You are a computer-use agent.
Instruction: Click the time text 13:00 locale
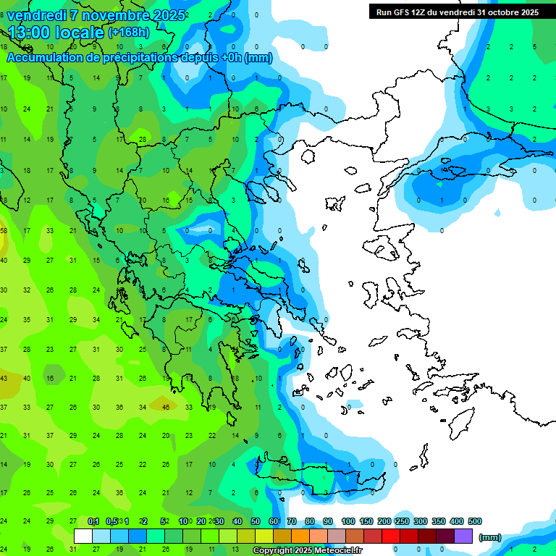[x=56, y=33]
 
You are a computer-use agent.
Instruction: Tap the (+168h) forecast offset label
[x=130, y=33]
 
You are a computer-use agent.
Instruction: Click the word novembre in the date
[x=111, y=15]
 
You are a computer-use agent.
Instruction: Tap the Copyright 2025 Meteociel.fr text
[x=307, y=551]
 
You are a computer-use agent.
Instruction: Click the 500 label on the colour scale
[x=475, y=521]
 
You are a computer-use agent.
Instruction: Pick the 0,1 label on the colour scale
[x=93, y=521]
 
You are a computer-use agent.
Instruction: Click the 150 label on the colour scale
[x=366, y=521]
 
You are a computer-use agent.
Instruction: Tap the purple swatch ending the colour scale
[x=463, y=536]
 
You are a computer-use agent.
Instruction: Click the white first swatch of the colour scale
[x=83, y=536]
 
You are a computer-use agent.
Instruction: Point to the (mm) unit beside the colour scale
[x=490, y=537]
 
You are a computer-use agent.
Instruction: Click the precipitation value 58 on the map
[x=4, y=231]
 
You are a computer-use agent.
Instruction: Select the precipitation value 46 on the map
[x=166, y=408]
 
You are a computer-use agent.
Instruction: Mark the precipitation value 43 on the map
[x=4, y=378]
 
